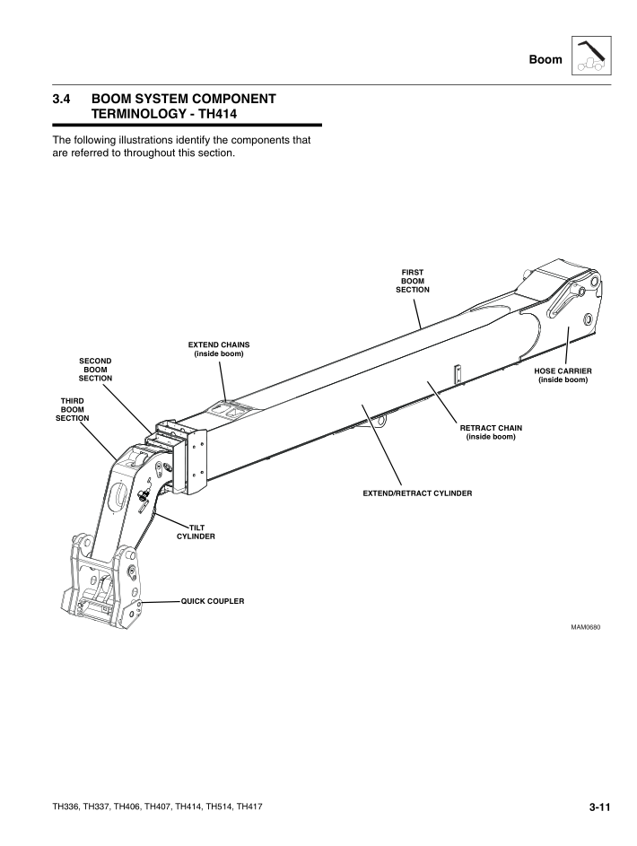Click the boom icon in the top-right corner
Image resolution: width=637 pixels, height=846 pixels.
(591, 57)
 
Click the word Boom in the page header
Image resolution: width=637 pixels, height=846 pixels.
(546, 60)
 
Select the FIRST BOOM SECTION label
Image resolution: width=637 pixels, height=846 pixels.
(413, 281)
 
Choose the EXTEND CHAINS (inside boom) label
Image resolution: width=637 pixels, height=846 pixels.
(219, 349)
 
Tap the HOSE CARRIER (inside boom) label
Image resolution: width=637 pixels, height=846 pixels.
(563, 375)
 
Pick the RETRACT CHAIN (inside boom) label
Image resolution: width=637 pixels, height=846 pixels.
(491, 432)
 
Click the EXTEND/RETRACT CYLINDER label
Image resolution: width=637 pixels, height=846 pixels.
(417, 493)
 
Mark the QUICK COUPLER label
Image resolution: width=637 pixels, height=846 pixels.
(213, 599)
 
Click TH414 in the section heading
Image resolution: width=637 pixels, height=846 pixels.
(247, 114)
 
